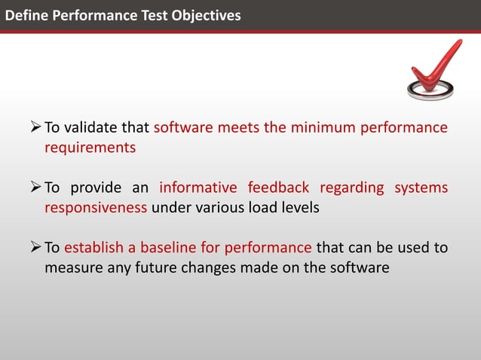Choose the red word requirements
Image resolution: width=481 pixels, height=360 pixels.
(90, 148)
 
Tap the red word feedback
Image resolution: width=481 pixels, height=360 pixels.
(278, 188)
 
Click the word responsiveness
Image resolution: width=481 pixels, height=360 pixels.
(96, 208)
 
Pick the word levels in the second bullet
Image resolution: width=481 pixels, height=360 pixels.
(301, 208)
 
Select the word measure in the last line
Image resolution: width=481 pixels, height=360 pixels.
(73, 268)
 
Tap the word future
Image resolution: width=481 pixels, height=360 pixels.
(156, 268)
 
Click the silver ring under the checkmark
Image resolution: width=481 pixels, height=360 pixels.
(430, 91)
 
